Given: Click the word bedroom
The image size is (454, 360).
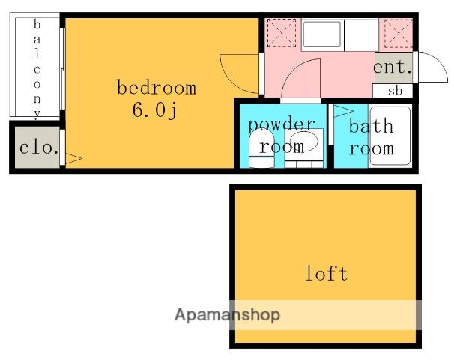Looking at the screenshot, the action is click(x=157, y=87).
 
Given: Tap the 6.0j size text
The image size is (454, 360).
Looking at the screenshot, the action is click(x=154, y=110).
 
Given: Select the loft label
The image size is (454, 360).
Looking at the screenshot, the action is click(x=327, y=273).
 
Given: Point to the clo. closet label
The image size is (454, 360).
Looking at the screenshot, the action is click(x=38, y=148).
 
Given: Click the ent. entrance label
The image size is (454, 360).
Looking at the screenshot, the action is click(x=393, y=67).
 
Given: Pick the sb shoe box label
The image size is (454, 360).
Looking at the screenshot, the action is click(x=395, y=91).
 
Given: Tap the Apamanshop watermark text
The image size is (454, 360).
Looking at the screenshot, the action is click(x=227, y=315).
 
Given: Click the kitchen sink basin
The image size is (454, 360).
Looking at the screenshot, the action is click(x=321, y=34).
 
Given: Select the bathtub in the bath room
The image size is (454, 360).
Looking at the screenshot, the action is click(x=390, y=136).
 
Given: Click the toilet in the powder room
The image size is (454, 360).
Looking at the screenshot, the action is click(x=261, y=148).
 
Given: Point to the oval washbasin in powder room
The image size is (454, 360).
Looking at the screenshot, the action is click(x=303, y=141).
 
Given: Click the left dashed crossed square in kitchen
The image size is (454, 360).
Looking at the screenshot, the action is click(x=282, y=33).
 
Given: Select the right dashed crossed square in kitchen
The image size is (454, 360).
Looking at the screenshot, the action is click(x=398, y=33).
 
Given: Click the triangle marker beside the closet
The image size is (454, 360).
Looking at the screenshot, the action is click(x=74, y=158).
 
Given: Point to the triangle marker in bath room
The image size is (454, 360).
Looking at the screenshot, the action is click(x=343, y=111).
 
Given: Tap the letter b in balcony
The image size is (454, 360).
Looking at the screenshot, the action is click(x=37, y=24).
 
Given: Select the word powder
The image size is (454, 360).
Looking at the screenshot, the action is click(x=282, y=125).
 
